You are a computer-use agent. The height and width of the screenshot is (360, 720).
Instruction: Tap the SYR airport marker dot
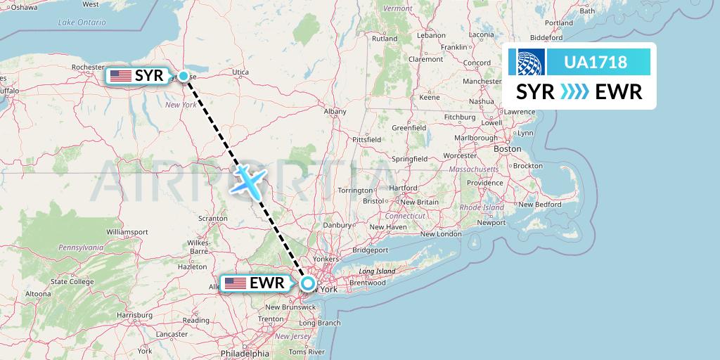(184, 76)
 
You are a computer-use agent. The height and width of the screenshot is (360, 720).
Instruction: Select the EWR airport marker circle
(308, 283)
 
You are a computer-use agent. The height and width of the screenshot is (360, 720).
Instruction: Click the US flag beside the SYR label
(120, 75)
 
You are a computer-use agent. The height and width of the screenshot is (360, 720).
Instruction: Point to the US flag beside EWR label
(236, 283)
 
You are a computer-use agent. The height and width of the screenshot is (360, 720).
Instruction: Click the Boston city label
(507, 149)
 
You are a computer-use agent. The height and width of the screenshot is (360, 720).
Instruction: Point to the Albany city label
(335, 111)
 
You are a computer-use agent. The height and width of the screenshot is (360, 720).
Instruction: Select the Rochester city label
(88, 67)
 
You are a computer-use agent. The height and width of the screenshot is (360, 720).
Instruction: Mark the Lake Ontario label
(82, 22)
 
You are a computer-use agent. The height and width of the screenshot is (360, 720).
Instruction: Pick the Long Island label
(377, 271)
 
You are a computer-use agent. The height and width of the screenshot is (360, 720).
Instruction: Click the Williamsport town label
(127, 231)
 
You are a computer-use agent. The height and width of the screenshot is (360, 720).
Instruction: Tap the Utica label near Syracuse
(240, 72)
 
